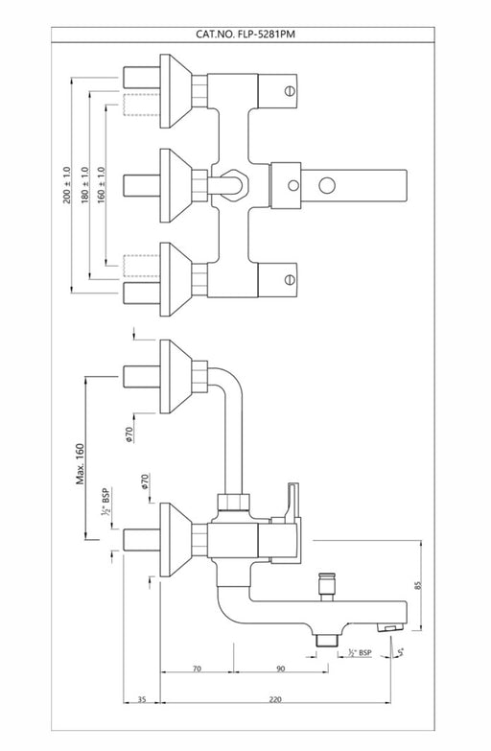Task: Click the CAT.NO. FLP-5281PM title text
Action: coord(245,35)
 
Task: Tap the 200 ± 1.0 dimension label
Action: coord(66,185)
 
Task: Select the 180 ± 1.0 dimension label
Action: coord(85,185)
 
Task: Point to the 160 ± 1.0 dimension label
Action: coord(101,185)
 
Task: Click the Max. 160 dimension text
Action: coord(80,464)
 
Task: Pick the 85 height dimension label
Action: coord(417,585)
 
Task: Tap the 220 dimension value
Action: coord(275,699)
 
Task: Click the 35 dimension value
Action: coord(142,699)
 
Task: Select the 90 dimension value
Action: coord(281,669)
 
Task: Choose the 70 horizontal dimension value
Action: coord(197,669)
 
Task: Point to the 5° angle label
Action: coord(401,651)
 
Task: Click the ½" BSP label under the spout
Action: coord(360,652)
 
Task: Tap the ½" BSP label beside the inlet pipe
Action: coord(105,502)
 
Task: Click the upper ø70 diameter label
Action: coord(129,433)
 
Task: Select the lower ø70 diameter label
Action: coord(145,481)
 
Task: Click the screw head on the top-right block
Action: coord(290,90)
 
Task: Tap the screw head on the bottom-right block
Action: coord(290,279)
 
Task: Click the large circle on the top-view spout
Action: coord(327,185)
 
